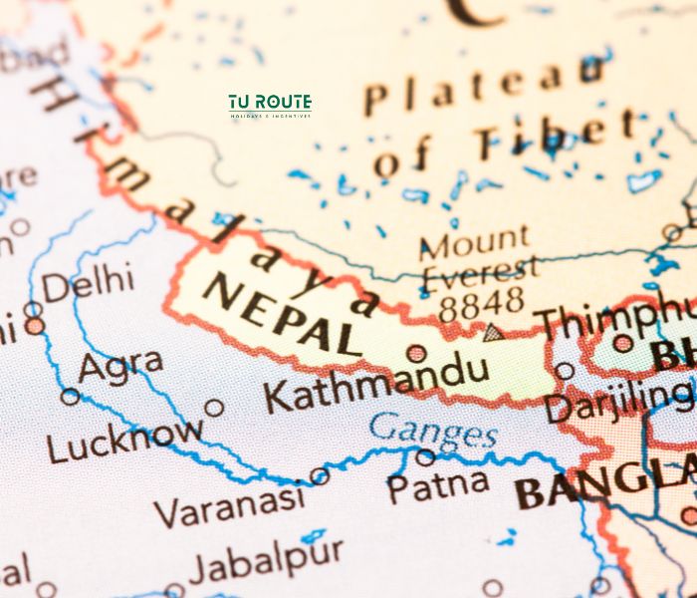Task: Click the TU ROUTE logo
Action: coord(269,105)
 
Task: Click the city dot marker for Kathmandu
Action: coord(416,353)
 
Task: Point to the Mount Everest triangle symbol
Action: coord(491,332)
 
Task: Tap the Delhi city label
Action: coord(88,284)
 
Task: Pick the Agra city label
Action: coord(120,367)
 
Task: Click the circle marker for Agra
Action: coord(70,396)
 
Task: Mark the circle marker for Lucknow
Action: coord(214,407)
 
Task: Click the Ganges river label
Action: coord(433,432)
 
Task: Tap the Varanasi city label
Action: coord(230,506)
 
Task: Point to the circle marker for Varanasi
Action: coord(320,476)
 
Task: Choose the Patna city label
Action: coord(438,486)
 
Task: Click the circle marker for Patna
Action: coord(425,457)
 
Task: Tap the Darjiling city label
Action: coord(617,404)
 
